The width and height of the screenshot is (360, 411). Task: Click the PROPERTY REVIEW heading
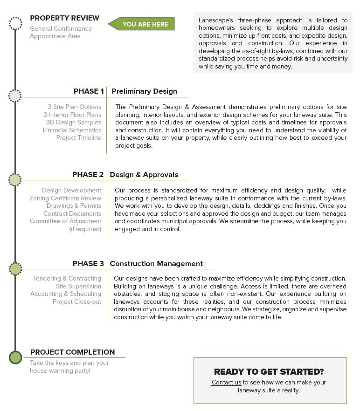point(64,18)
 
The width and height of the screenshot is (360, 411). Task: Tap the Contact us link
point(226,383)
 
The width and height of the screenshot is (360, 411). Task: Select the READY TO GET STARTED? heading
point(269,372)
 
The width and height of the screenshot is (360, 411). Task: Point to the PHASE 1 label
point(89,91)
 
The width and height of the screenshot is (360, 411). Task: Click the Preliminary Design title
point(144,91)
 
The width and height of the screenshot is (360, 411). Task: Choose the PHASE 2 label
point(88,175)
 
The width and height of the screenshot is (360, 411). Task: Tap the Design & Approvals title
point(144,175)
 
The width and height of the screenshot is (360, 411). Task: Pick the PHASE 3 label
point(88,264)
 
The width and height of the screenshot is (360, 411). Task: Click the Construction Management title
point(156,264)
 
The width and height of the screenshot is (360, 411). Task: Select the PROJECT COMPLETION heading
point(72,352)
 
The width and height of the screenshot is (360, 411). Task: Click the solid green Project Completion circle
point(15,357)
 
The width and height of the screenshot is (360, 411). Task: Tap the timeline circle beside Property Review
point(15,23)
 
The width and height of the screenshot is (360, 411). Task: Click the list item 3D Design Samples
point(73,123)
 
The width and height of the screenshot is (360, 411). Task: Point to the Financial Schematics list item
point(72,130)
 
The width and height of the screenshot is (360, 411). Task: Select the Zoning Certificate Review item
point(65,198)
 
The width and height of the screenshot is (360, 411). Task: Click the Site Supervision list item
point(78,286)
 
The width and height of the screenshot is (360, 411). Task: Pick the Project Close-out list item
point(77,301)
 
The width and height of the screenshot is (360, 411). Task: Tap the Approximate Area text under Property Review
point(55,36)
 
